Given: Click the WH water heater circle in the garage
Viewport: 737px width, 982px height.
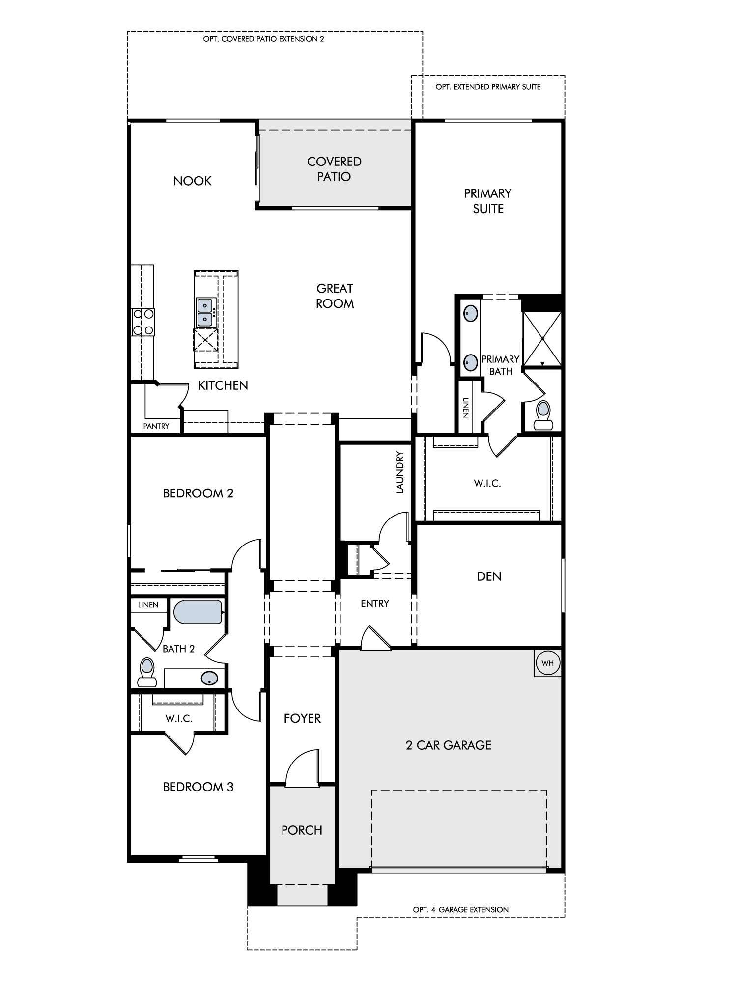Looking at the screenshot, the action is tap(547, 663).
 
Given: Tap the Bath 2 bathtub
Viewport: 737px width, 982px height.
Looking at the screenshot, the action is tap(198, 612).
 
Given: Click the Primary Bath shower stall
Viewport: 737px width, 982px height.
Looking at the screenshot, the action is tap(542, 338).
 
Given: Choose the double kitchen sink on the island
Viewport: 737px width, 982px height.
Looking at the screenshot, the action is tap(204, 313).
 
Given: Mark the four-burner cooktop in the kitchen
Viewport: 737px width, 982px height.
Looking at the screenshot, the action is tap(142, 322).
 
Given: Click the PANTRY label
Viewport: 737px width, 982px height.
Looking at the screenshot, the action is tap(156, 426).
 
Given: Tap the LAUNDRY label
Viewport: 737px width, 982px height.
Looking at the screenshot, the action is tap(399, 472).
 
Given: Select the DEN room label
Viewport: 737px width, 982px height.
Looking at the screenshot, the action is tap(489, 576).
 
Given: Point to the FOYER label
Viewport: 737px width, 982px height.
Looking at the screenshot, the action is tap(302, 718).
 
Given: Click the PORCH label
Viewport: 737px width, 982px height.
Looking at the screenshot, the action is tap(302, 830).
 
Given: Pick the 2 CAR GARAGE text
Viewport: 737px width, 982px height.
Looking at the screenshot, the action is tap(449, 745).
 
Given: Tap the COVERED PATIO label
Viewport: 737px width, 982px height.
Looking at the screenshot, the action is tap(334, 169).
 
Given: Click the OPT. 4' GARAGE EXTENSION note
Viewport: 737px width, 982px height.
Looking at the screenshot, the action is tap(461, 910).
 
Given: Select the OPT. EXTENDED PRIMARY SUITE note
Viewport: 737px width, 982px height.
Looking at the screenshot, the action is tap(488, 87).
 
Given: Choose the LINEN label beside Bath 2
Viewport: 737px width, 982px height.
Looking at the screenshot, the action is tap(148, 605).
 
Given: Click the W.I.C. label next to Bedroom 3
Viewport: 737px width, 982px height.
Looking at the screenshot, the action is tap(179, 719).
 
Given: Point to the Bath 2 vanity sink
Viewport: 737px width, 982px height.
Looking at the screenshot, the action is tap(210, 678).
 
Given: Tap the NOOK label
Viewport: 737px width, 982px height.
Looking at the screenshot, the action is tap(192, 181).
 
